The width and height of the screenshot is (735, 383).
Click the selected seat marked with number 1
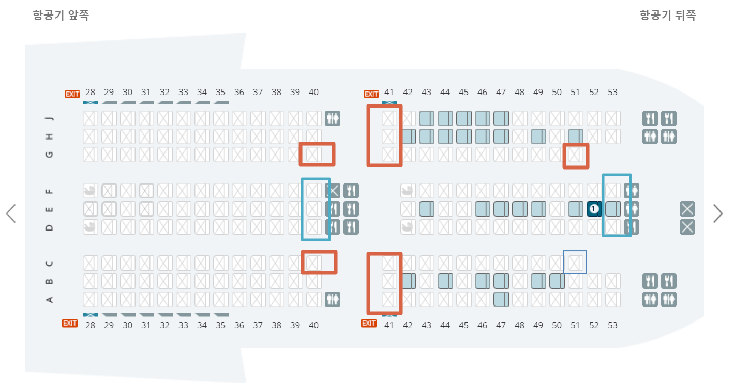coord(594,209)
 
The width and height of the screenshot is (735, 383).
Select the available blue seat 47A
coord(501,299)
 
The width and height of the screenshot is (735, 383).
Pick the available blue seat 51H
coord(576,136)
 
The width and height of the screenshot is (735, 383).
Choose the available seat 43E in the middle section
coord(427,209)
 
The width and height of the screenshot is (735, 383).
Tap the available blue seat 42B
coord(408,281)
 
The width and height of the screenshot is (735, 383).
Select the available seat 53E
coord(613,209)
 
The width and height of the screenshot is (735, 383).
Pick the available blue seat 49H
coord(538,136)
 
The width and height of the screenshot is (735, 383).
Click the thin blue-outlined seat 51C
coord(575,263)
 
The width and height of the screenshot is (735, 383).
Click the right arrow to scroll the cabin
coord(718,213)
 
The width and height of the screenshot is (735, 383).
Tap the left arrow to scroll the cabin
coord(11,213)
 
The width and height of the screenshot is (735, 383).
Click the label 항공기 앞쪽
coord(61,16)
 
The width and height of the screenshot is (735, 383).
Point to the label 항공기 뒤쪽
coord(668,16)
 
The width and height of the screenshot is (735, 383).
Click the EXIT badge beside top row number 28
coord(72,94)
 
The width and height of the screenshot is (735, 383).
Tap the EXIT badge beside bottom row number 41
coord(368,324)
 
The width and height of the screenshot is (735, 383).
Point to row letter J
coord(50,118)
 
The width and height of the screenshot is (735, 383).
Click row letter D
coord(50,227)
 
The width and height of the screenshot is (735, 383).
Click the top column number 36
coord(239,93)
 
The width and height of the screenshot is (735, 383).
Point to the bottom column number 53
coord(612,325)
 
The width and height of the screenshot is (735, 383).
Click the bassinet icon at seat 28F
coord(91,191)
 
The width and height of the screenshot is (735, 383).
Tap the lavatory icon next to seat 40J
coord(333,119)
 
